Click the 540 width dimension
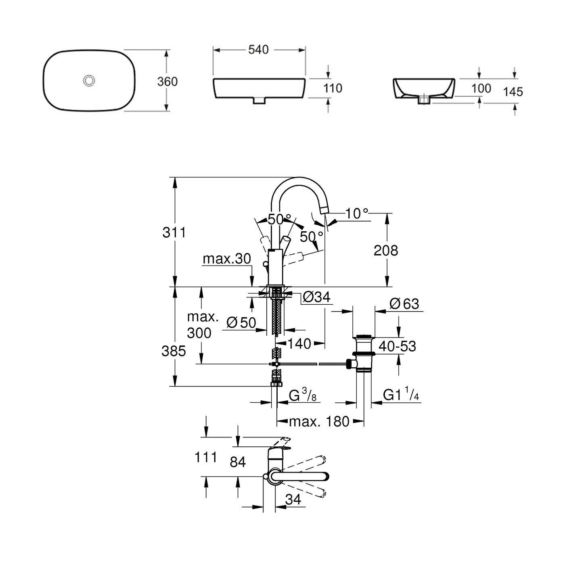[x=258, y=50]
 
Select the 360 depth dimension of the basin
[x=167, y=82]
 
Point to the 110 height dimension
[x=333, y=88]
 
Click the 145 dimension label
[x=513, y=92]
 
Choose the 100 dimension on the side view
[x=481, y=88]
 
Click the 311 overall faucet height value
[x=174, y=232]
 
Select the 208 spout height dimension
[x=385, y=250]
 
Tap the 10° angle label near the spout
[x=357, y=213]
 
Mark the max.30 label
[x=227, y=258]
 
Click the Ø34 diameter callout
[x=316, y=297]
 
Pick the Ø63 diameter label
[x=405, y=304]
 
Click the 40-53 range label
[x=398, y=346]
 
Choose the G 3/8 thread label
[x=302, y=395]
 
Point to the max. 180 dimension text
[x=319, y=421]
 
